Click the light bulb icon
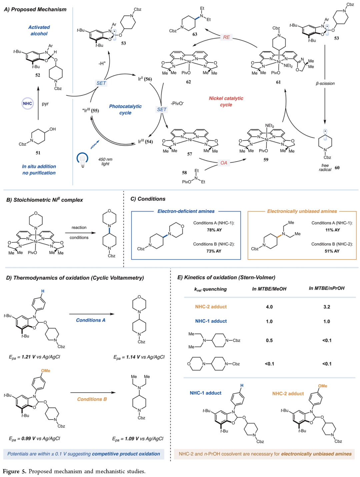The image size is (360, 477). (x=82, y=159)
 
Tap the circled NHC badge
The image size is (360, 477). (x=27, y=104)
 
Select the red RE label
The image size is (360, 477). (x=226, y=37)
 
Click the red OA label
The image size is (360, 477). (x=224, y=163)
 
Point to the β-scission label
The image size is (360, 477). (x=325, y=83)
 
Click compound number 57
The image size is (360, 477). (x=189, y=154)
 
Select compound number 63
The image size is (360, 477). (x=195, y=34)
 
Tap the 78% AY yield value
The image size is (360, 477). (x=214, y=230)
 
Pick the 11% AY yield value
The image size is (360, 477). (x=332, y=230)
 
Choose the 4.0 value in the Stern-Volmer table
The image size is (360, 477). (x=269, y=307)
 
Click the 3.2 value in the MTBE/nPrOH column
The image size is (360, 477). (x=327, y=307)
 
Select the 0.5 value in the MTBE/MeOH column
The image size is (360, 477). (x=269, y=340)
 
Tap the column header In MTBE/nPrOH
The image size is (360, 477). (x=326, y=288)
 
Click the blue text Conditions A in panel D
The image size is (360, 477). (x=91, y=320)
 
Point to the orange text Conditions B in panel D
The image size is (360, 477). (x=92, y=399)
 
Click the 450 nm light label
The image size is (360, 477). (x=105, y=162)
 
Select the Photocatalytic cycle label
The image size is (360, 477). (x=125, y=109)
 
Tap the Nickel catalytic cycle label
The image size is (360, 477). (x=226, y=101)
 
